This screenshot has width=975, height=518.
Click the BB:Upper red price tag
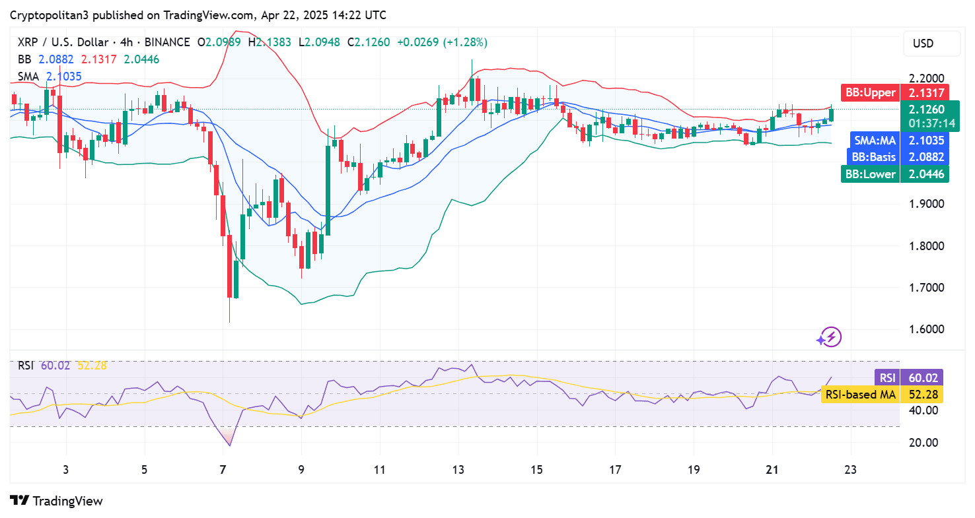point(894,92)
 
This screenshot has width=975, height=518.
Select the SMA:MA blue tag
point(898,140)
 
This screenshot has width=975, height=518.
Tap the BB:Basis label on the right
point(898,157)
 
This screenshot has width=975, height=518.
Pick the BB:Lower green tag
point(894,174)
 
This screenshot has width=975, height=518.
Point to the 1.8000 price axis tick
point(923,246)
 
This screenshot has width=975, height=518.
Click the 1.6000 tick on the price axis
point(923,329)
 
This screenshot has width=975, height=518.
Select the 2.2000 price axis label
point(923,79)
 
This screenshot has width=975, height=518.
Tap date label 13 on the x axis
point(458,470)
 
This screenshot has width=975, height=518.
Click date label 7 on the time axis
point(223,470)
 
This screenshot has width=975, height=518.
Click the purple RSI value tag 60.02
point(908,378)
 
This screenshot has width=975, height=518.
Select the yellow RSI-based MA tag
point(881,395)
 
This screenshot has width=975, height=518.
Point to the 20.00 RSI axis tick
point(923,442)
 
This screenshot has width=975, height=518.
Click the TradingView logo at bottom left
point(57,501)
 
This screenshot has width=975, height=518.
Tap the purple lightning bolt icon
point(828,337)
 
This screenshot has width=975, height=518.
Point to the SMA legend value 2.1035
point(63,77)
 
